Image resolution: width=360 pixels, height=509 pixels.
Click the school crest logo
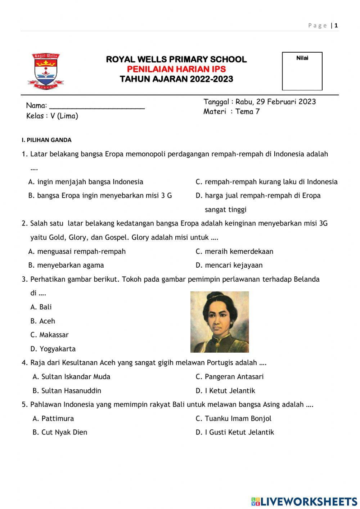pyautogui.click(x=46, y=71)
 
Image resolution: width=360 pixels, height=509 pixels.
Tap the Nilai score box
pyautogui.click(x=302, y=71)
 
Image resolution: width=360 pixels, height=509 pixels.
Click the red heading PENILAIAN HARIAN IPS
pyautogui.click(x=176, y=69)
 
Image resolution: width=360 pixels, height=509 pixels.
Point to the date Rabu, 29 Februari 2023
pyautogui.click(x=275, y=102)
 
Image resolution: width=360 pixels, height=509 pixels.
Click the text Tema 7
pyautogui.click(x=247, y=112)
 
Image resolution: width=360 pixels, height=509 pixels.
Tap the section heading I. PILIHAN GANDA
pyautogui.click(x=46, y=140)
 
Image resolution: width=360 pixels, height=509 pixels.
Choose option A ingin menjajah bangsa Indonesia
pyautogui.click(x=86, y=182)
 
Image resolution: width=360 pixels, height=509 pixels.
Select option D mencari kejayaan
pyautogui.click(x=229, y=265)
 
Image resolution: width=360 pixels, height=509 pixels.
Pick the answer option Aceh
pyautogui.click(x=43, y=321)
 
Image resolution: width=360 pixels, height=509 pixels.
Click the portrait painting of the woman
pyautogui.click(x=219, y=322)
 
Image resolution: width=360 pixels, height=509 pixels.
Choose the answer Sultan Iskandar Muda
pyautogui.click(x=71, y=377)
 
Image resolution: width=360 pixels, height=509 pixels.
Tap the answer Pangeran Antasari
pyautogui.click(x=230, y=377)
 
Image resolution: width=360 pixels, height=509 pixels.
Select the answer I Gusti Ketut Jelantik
pyautogui.click(x=235, y=432)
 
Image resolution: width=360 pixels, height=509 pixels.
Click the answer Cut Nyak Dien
pyautogui.click(x=60, y=432)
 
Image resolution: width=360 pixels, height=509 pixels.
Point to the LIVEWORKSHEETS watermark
pyautogui.click(x=304, y=501)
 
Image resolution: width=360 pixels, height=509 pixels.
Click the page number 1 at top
pyautogui.click(x=336, y=26)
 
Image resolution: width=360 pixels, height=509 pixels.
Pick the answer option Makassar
pyautogui.click(x=49, y=335)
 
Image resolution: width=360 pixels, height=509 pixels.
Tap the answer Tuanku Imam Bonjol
pyautogui.click(x=234, y=419)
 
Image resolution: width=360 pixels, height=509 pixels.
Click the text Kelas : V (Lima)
pyautogui.click(x=52, y=116)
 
